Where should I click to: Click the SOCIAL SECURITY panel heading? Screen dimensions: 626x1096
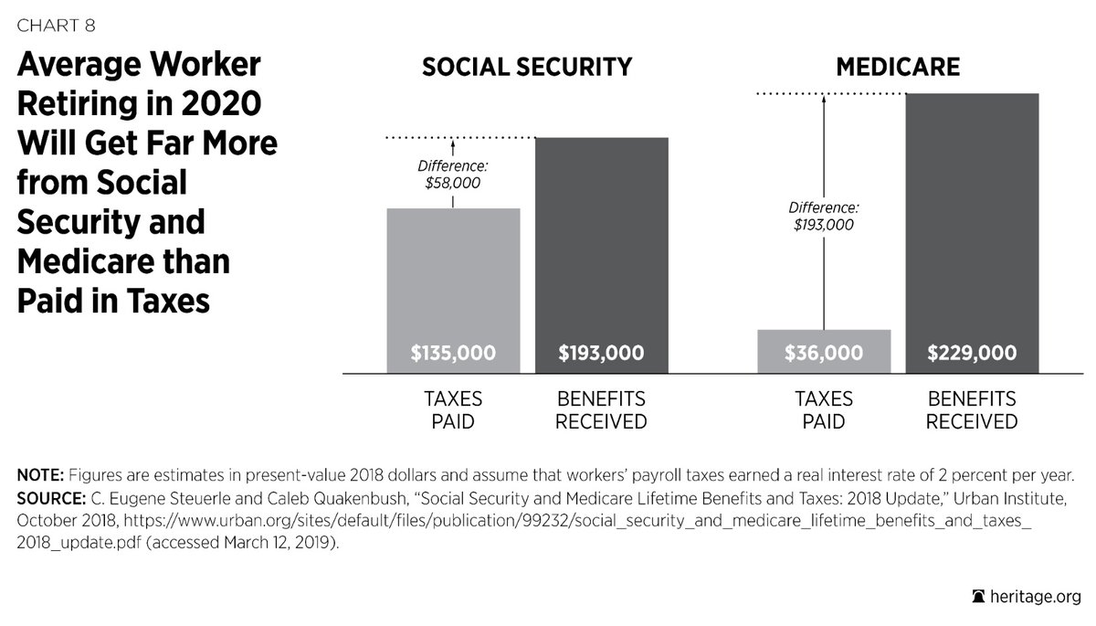[x=526, y=68]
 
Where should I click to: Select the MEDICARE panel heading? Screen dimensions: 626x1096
[x=897, y=68]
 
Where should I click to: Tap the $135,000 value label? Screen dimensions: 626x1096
[x=453, y=353]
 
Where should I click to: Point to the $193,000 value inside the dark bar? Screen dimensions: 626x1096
[x=601, y=353]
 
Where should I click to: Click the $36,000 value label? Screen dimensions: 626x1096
[x=824, y=353]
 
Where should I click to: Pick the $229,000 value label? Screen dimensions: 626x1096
[x=972, y=353]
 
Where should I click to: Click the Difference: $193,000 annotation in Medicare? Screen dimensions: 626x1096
[x=824, y=216]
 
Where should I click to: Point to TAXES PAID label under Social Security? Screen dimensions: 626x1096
[x=453, y=410]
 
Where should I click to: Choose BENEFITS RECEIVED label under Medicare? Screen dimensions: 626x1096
[x=972, y=410]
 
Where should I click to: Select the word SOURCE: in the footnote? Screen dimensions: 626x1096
[x=48, y=499]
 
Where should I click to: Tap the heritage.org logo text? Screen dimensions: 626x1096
[x=1037, y=596]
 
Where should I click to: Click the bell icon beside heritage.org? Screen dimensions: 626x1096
[x=980, y=596]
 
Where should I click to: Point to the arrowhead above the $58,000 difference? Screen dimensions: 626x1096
[x=453, y=143]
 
